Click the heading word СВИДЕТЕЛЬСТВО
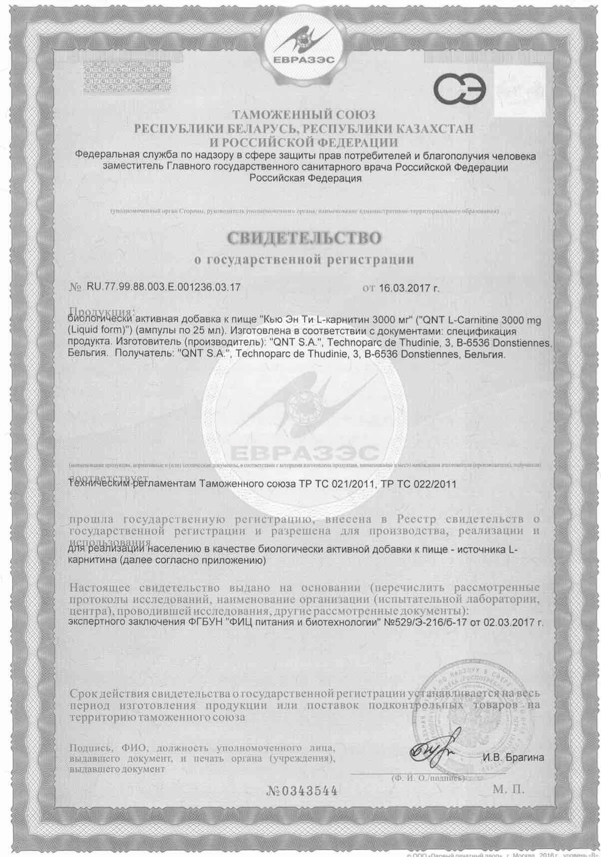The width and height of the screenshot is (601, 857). pos(305,238)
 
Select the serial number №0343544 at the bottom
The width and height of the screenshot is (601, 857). pos(302,791)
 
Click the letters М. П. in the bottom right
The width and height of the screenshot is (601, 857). pos(509,789)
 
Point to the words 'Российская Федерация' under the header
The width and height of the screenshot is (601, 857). pos(305,178)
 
